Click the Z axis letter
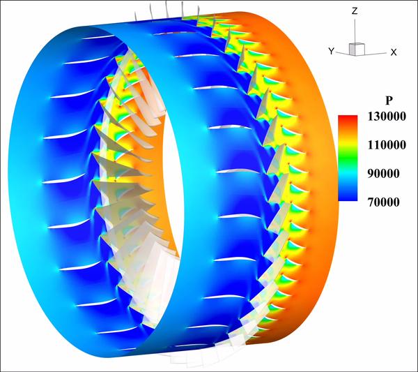pyautogui.click(x=355, y=11)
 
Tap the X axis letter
pyautogui.click(x=394, y=52)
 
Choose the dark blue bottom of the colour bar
pyautogui.click(x=347, y=198)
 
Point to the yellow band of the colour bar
pyautogui.click(x=347, y=143)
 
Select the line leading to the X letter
pyautogui.click(x=376, y=50)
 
